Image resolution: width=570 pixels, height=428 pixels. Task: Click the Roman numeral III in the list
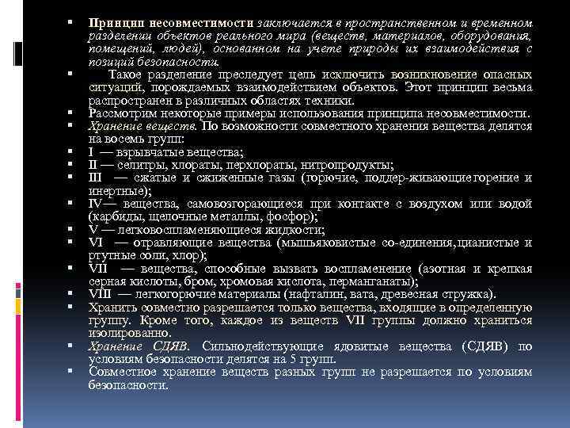click(x=97, y=178)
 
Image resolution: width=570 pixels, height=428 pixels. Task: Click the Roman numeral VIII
click(x=100, y=294)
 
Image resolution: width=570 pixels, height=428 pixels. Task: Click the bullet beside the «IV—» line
click(x=70, y=204)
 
